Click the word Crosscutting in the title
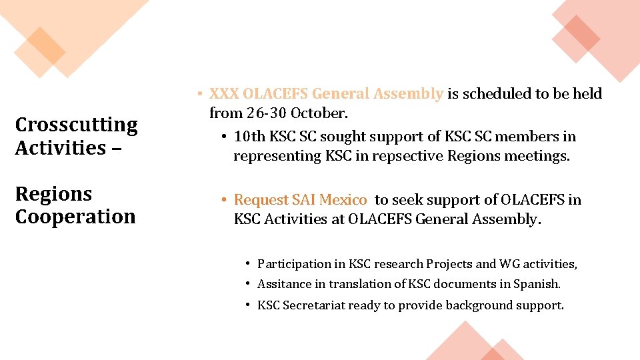[x=76, y=125]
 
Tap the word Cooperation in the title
[x=75, y=217]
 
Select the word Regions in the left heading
[x=53, y=194]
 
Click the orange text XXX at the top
[x=224, y=94]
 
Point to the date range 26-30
[x=267, y=113]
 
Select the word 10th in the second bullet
[x=249, y=137]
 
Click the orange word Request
[x=260, y=200]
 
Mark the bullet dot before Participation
[x=247, y=263]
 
